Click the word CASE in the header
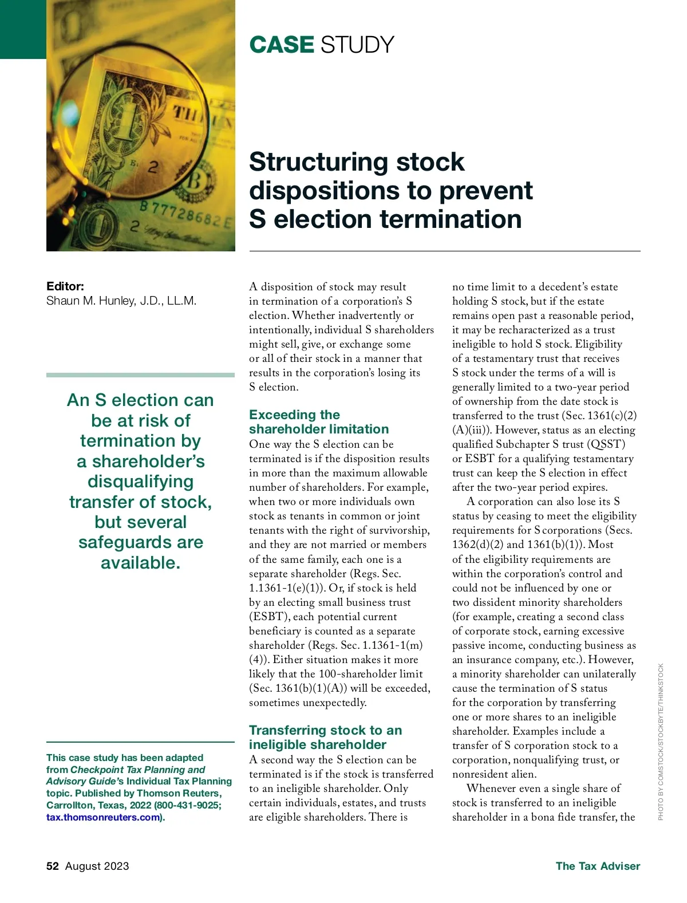point(282,45)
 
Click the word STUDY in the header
point(357,45)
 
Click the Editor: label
point(65,286)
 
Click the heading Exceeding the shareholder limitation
point(318,422)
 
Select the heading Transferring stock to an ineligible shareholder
point(325,738)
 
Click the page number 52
point(53,866)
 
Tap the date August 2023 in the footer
point(97,866)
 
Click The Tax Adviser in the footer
point(598,866)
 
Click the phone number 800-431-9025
point(188,806)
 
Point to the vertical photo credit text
point(661,742)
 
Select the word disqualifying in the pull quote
point(140,482)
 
